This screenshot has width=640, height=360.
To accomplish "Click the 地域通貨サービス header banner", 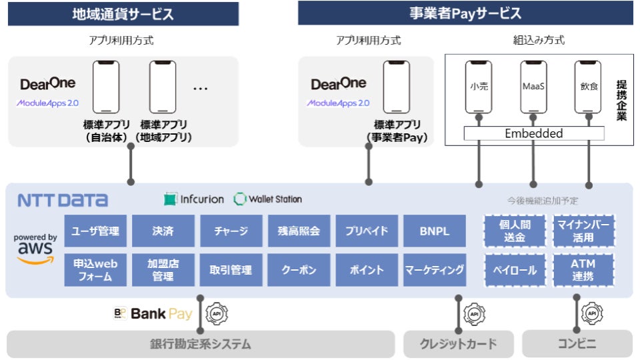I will point(123,13).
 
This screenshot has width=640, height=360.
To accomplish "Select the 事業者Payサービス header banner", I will point(465,13).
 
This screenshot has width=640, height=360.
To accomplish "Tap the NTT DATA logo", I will point(63,200).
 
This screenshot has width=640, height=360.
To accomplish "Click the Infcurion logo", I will point(193,199).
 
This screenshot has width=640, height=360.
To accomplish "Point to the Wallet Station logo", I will point(268,199).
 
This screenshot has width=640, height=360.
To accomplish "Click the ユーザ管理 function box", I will point(95,231).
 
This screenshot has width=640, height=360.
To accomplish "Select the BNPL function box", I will point(434,231).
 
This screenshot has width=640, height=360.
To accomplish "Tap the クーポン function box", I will point(299,270).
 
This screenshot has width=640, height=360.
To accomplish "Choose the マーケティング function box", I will point(434,270).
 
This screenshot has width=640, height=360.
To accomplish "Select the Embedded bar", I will point(533,133).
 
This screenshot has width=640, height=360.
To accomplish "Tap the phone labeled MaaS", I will point(533,87).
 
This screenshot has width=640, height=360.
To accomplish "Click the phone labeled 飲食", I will point(587,87).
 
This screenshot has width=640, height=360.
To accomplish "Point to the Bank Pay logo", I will point(153,313).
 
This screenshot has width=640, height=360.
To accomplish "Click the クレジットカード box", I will point(459,344).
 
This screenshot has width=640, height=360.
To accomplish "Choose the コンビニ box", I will point(577,344).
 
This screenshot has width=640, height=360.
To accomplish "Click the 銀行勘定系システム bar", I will point(200,344).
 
